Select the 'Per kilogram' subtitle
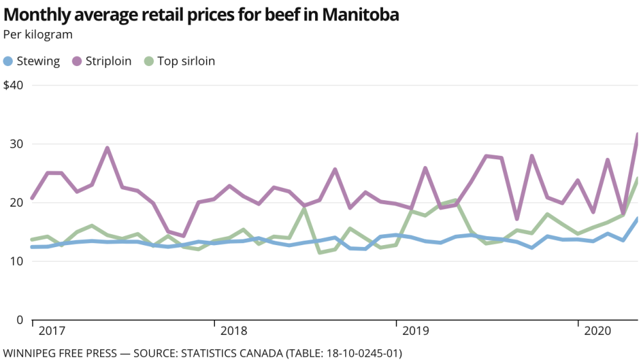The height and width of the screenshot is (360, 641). coord(38,35)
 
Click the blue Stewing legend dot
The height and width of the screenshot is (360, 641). coord(8,62)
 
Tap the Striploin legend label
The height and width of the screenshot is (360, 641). coord(108,62)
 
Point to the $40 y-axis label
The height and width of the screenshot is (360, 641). coord(13,85)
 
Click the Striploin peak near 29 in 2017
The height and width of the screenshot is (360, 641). coord(107,148)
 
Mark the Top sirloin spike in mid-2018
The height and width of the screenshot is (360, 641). coord(305,208)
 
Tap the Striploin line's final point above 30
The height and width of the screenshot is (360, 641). coord(637,134)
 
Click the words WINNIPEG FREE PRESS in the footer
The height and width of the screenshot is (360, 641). coord(63,353)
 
